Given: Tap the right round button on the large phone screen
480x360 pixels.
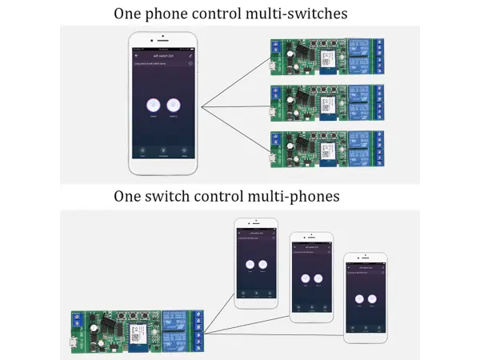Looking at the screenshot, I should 174,104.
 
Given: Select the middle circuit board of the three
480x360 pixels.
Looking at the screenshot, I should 327,102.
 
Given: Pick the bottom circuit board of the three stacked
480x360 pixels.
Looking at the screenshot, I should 327,147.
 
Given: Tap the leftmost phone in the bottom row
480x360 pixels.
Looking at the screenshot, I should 256,264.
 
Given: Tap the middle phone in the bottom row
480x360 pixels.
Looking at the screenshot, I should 311,278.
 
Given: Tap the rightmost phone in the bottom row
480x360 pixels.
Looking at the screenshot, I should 365,298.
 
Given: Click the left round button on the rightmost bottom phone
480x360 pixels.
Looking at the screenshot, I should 359,298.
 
